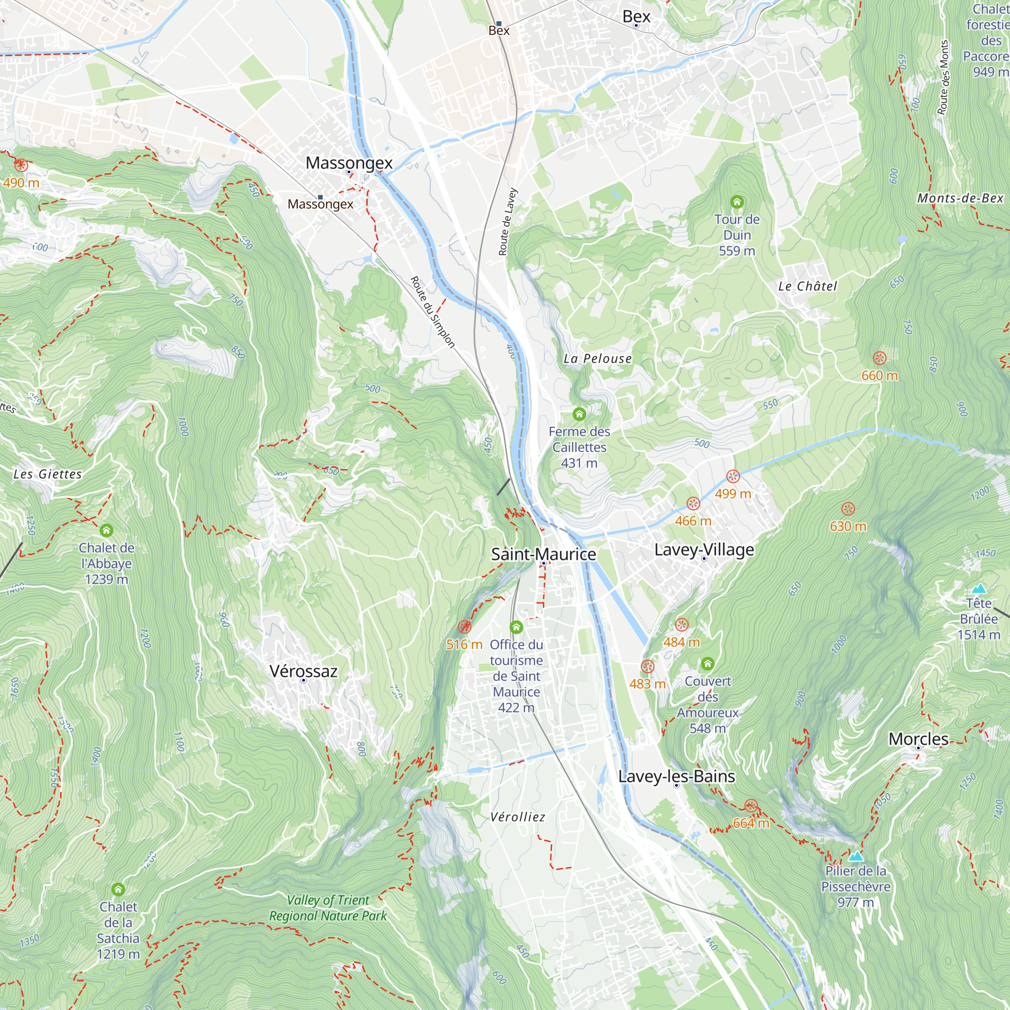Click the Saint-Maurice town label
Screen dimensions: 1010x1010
tap(543, 554)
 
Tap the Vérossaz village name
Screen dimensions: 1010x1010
tap(303, 671)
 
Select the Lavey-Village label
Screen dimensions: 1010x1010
tap(704, 549)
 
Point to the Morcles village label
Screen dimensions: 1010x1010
tap(919, 739)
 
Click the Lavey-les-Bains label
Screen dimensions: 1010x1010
tap(677, 776)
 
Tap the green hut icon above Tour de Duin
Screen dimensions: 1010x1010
tap(737, 202)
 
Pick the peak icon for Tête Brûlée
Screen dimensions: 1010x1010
tap(979, 589)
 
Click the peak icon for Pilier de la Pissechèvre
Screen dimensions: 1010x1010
tap(855, 856)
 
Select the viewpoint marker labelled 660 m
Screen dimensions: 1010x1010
tap(879, 358)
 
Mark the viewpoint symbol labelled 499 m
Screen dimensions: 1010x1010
tap(733, 476)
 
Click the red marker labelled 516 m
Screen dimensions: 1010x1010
tap(464, 627)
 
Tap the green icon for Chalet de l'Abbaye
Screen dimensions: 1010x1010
tap(107, 531)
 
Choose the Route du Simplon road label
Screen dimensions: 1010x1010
tap(432, 312)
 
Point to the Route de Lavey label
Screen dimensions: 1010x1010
tap(507, 222)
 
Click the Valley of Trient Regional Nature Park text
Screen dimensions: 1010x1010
tap(328, 908)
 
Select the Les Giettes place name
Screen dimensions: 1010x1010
tap(47, 474)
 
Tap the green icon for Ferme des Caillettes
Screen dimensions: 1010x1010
tap(579, 415)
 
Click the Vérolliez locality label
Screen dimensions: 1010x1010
tap(518, 817)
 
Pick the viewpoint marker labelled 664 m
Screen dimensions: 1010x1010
tap(751, 805)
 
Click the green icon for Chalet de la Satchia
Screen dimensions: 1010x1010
tap(118, 889)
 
